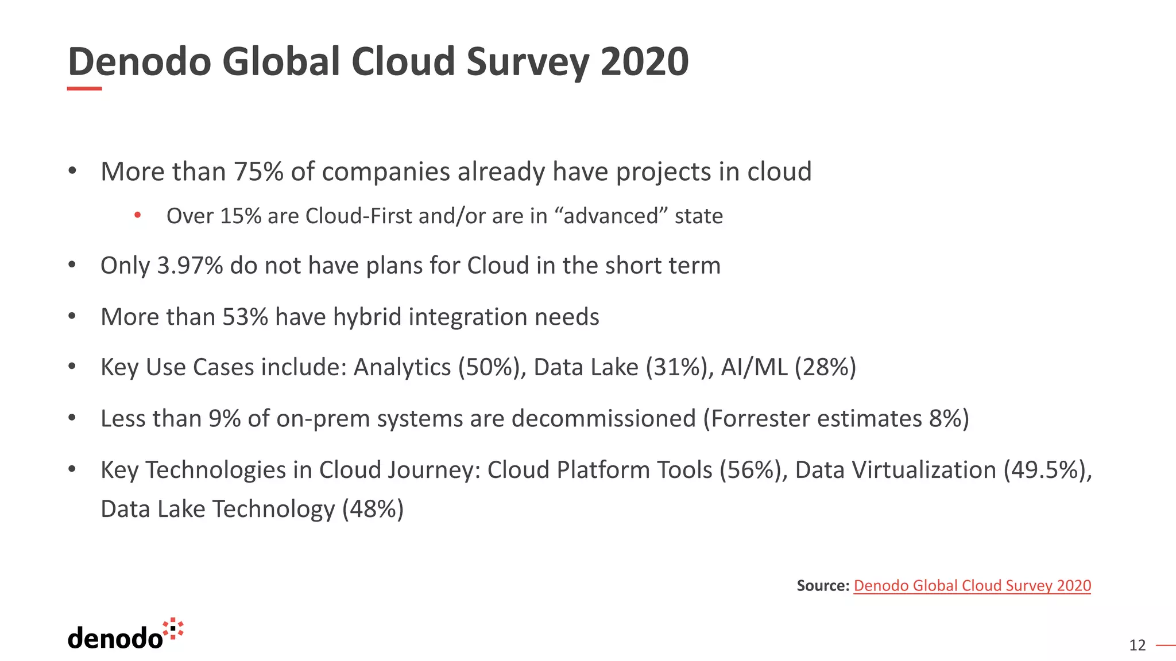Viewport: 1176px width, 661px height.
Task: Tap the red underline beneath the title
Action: click(84, 89)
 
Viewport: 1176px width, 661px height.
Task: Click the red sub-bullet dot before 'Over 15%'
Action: click(137, 216)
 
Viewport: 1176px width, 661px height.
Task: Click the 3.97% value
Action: click(189, 266)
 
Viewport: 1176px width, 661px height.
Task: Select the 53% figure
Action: click(245, 317)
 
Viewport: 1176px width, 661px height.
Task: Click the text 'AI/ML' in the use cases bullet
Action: click(754, 367)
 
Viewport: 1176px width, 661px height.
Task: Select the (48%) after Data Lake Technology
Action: click(373, 509)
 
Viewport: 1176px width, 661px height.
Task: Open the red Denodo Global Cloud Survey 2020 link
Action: click(972, 586)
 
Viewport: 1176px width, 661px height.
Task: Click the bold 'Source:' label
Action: click(823, 586)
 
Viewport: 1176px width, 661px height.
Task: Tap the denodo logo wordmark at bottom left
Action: click(115, 639)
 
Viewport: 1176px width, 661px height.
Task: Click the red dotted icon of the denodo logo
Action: click(173, 629)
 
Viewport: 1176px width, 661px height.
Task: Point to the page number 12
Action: click(1137, 646)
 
